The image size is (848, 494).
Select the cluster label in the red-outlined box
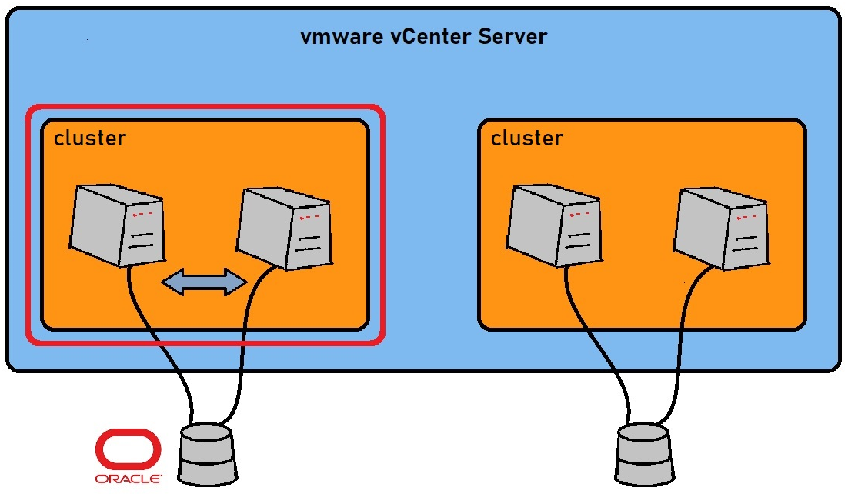point(90,139)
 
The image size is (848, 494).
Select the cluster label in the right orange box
point(527,139)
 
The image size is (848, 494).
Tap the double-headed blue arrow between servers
point(204,282)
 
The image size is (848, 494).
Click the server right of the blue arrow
point(283,227)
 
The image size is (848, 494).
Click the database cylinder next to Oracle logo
point(205,454)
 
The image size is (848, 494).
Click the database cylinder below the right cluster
point(644,454)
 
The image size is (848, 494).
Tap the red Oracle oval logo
point(129,450)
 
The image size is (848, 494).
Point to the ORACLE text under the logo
point(129,479)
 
